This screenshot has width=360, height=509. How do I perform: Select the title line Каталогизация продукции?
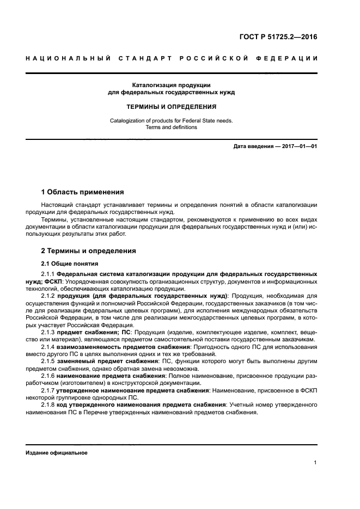tap(171, 85)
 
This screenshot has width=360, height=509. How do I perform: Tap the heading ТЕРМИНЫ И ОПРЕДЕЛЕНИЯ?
tap(171, 107)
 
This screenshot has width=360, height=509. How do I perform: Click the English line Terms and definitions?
tap(171, 127)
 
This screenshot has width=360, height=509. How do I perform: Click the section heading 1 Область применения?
tap(82, 192)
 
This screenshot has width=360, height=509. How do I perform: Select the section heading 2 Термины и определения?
tap(89, 251)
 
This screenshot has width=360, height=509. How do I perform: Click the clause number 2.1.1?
tap(48, 273)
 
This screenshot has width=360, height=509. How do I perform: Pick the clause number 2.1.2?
tap(48, 296)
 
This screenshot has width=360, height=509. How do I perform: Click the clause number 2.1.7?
tap(48, 391)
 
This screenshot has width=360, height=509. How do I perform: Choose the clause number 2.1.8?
tap(48, 406)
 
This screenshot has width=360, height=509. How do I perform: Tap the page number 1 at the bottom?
tap(315, 463)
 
